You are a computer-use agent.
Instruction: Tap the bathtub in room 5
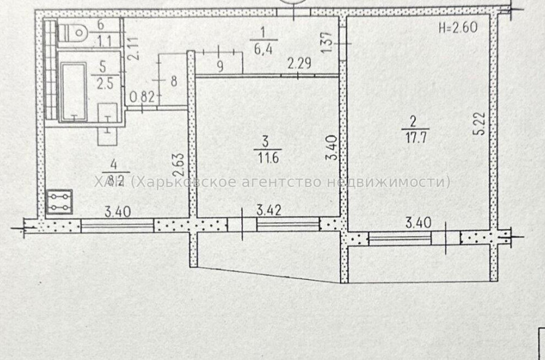click(75, 88)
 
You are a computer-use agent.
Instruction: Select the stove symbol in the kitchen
click(60, 202)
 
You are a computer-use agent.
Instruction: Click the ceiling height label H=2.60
click(459, 27)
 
